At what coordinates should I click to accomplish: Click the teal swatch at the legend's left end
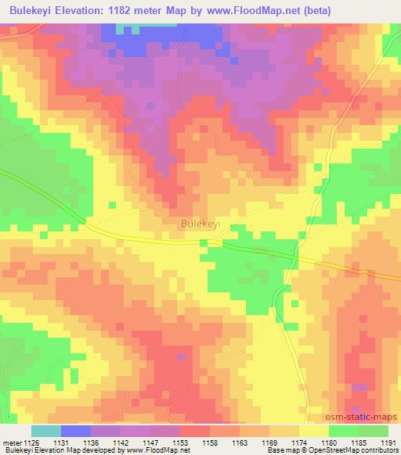[x=46, y=431]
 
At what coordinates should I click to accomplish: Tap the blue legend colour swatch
[x=76, y=431]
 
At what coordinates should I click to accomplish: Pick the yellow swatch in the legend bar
[x=313, y=431]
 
